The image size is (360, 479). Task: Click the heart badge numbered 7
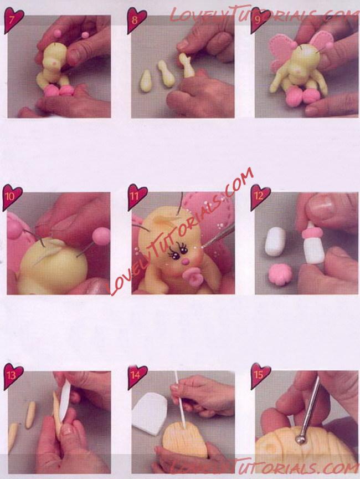pyautogui.click(x=13, y=20)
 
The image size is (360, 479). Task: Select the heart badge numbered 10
pyautogui.click(x=12, y=197)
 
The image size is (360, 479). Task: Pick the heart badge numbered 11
pyautogui.click(x=137, y=196)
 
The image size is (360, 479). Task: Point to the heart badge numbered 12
pyautogui.click(x=260, y=197)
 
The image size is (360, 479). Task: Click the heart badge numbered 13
pyautogui.click(x=13, y=376)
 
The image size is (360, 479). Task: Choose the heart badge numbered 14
pyautogui.click(x=137, y=376)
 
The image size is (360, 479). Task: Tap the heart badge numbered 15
pyautogui.click(x=260, y=376)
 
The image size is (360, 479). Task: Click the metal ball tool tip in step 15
pyautogui.click(x=301, y=440)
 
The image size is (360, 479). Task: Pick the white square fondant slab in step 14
pyautogui.click(x=150, y=412)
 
